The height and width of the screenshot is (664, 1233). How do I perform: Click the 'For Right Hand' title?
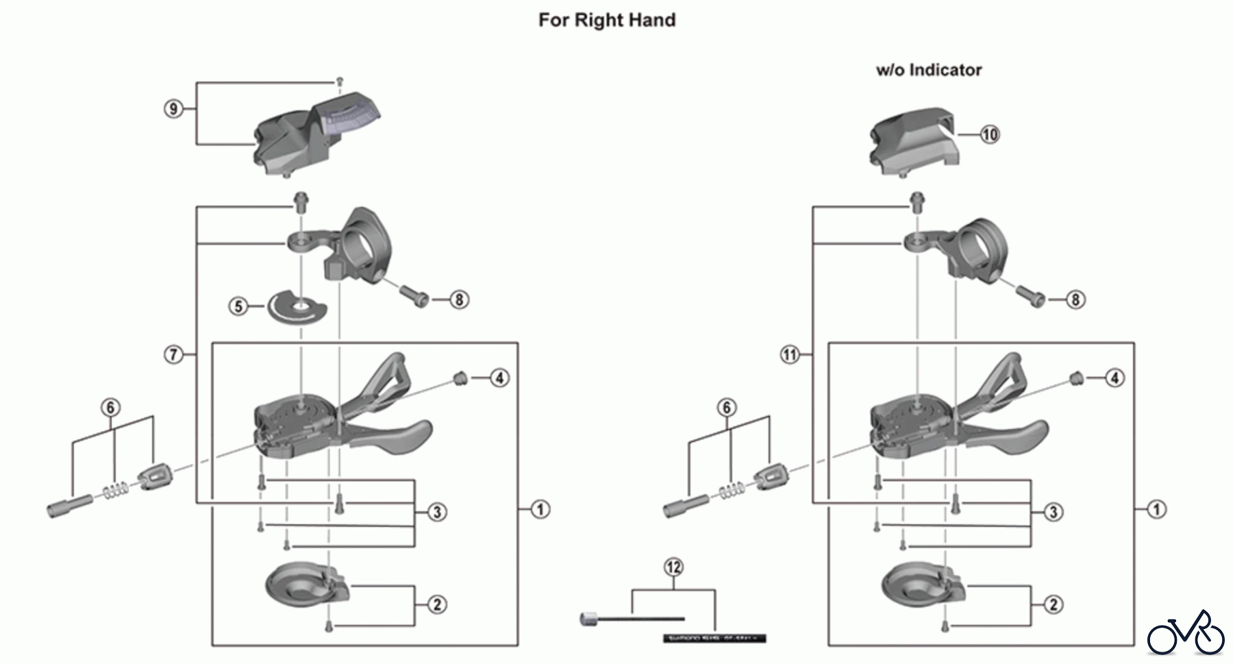point(607,20)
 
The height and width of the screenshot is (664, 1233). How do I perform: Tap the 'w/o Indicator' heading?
point(928,70)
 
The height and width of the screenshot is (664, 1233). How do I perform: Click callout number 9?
point(174,109)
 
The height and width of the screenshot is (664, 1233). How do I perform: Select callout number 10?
point(989,134)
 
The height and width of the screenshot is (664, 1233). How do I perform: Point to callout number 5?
point(238,306)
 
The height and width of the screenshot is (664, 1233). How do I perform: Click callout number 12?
point(673,567)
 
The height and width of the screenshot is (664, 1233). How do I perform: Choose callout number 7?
point(173,354)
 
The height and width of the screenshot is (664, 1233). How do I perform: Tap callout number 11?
point(790,354)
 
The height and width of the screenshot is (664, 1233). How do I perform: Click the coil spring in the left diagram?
point(116,491)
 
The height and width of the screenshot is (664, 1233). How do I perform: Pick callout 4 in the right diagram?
point(1114,378)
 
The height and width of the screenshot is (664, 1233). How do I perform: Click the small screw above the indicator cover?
point(338,81)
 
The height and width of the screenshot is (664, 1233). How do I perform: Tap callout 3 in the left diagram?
point(436,511)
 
